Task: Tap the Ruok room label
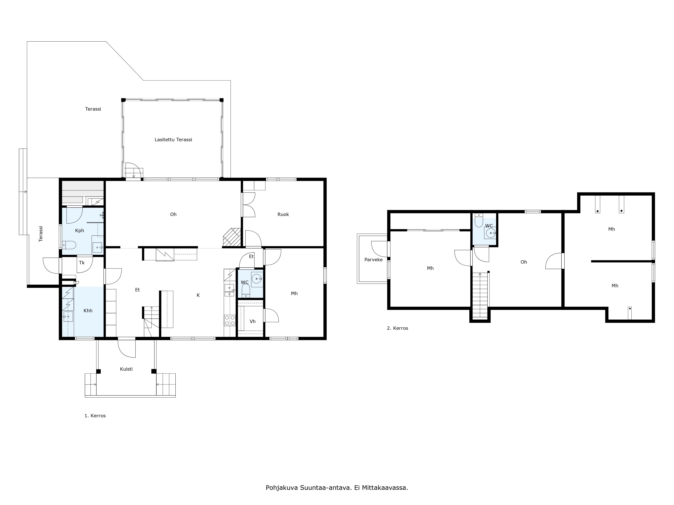[x=283, y=214]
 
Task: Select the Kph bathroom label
[x=80, y=230]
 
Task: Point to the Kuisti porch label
[x=126, y=369]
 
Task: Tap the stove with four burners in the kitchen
[x=230, y=320]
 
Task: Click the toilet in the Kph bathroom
[x=69, y=245]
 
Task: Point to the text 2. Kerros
[x=397, y=328]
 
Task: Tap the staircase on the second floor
[x=480, y=295]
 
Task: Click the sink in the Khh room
[x=68, y=317]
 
